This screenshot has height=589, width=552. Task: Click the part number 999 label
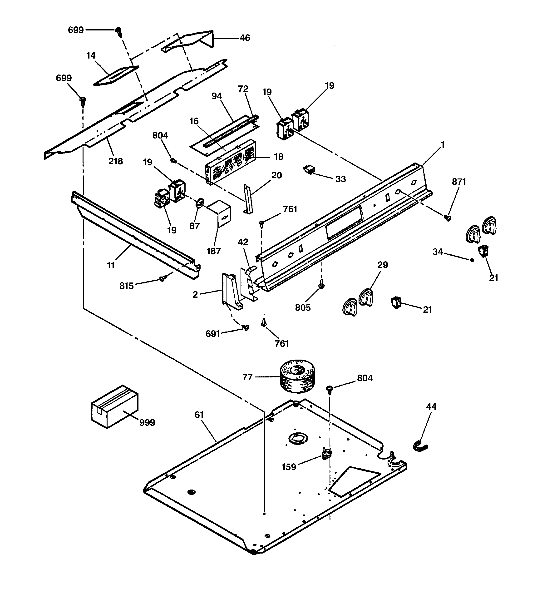coord(147,422)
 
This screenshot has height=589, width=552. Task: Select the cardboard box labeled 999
coord(114,406)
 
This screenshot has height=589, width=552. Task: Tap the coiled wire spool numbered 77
coord(297,376)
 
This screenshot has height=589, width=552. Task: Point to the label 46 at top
coord(245,38)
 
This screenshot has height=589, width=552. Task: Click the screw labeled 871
coord(448,218)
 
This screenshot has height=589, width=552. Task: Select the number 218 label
coord(116,161)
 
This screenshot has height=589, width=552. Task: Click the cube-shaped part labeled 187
coord(220,213)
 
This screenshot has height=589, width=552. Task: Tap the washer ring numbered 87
coord(201,203)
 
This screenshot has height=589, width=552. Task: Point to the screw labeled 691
coord(246,327)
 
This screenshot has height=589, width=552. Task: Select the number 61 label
coord(199,415)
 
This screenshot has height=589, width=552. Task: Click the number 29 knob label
coord(383,265)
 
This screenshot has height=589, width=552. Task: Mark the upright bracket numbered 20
coord(248,199)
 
